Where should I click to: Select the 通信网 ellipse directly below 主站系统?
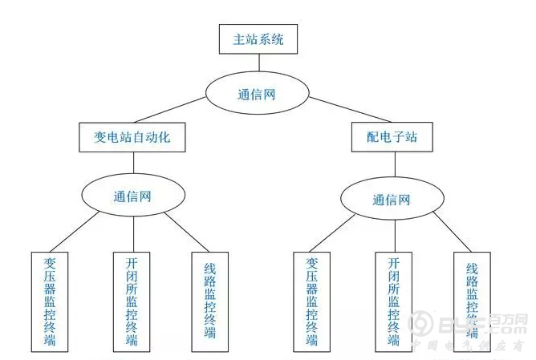click(257, 94)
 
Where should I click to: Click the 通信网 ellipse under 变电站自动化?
click(132, 195)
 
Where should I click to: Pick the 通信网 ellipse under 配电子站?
click(392, 200)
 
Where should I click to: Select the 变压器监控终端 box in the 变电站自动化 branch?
click(51, 301)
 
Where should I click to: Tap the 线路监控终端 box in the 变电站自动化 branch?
click(209, 301)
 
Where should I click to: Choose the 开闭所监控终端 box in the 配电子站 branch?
click(393, 301)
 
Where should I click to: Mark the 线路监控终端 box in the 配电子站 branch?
click(472, 301)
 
